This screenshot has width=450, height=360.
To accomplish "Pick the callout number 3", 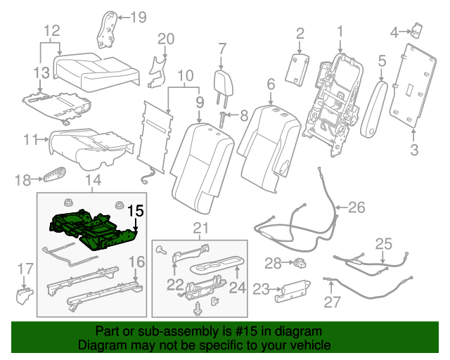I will tap(414, 148).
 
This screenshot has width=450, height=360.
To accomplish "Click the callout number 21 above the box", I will tap(202, 226).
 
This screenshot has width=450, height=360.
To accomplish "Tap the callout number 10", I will tap(185, 75).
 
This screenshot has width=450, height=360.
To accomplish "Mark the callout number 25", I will tap(383, 244).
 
